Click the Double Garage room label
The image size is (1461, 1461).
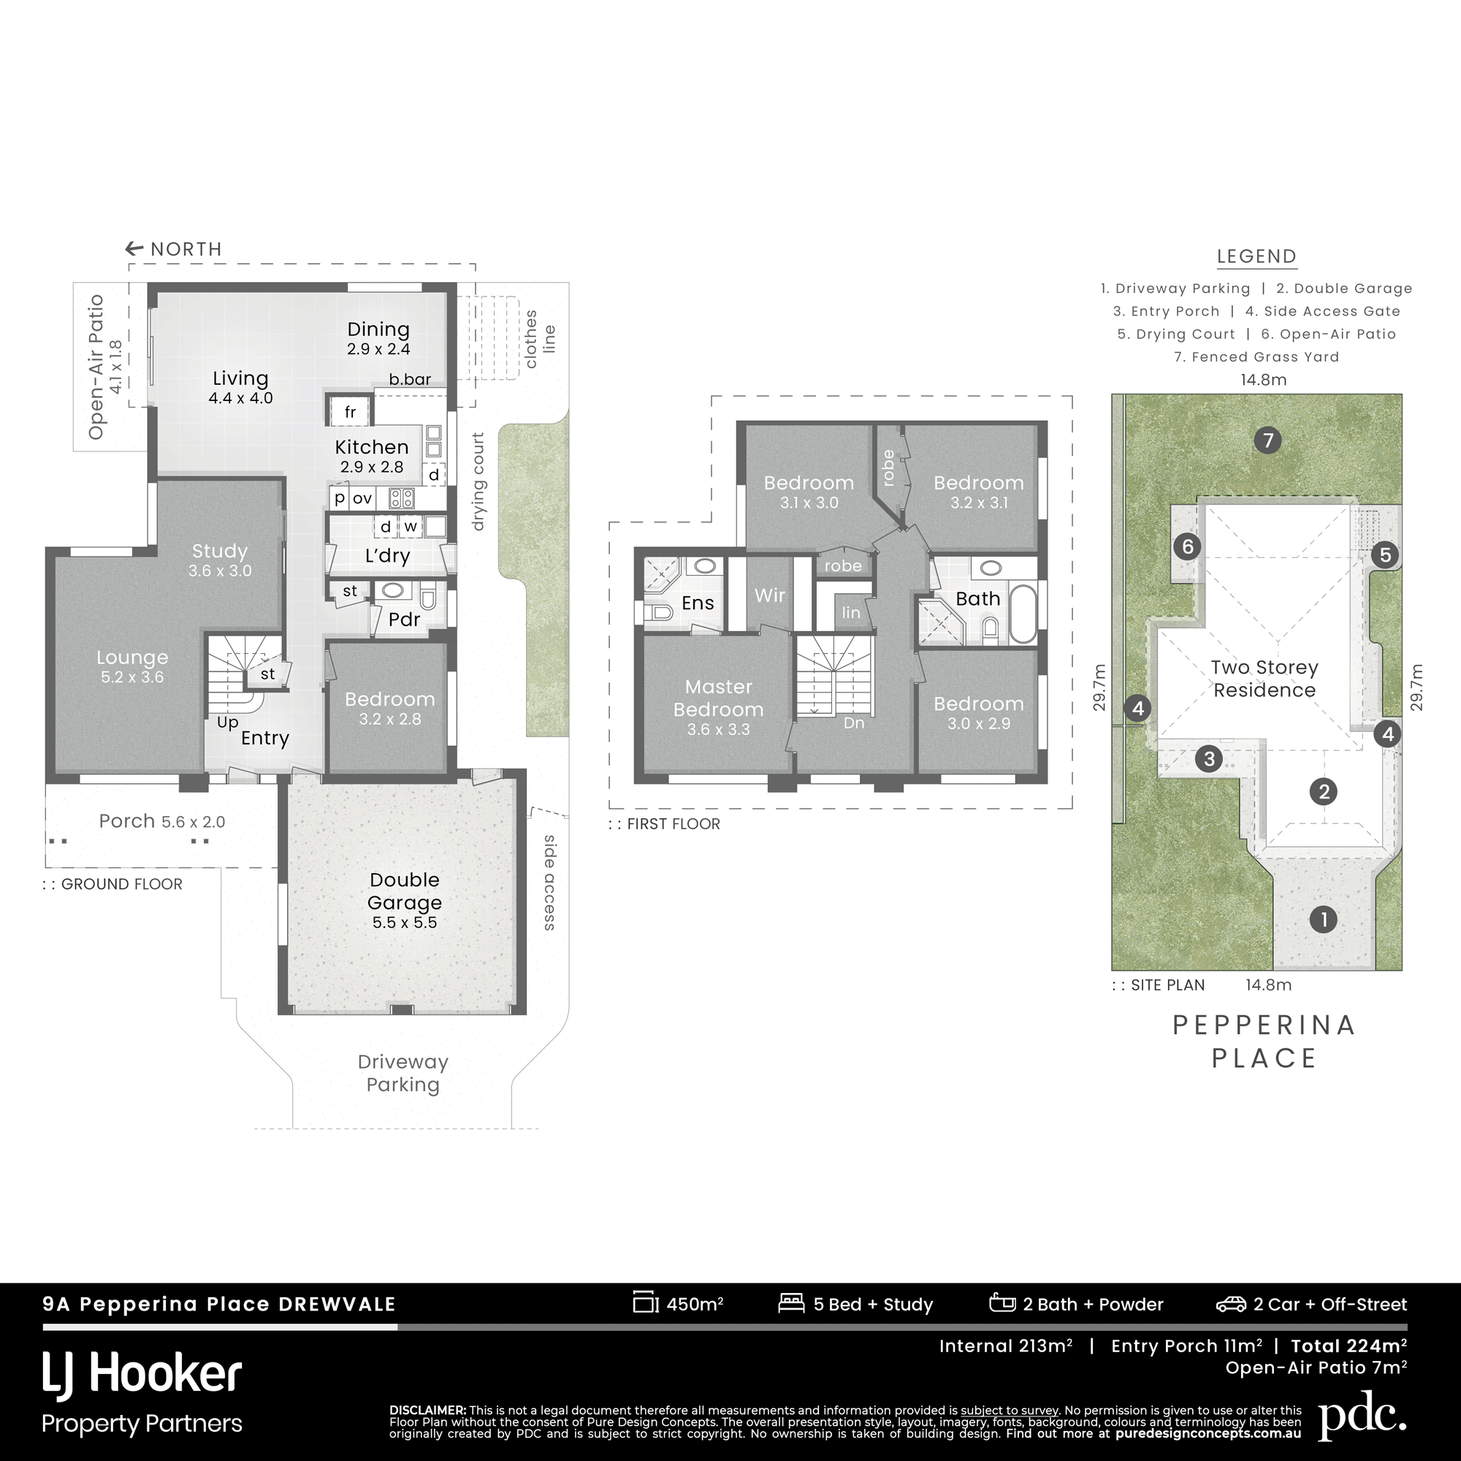(405, 890)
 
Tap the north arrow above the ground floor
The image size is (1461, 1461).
(134, 248)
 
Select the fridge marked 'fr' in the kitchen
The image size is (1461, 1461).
(349, 412)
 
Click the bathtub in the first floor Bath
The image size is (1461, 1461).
(1023, 614)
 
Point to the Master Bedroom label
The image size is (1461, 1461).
(718, 698)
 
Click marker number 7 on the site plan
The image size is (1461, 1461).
(1268, 440)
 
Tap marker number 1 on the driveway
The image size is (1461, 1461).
(1324, 920)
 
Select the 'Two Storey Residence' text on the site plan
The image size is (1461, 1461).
(1264, 679)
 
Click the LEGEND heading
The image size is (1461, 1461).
(1256, 256)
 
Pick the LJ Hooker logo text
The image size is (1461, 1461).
(142, 1374)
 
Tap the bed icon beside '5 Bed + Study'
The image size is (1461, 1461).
(791, 1303)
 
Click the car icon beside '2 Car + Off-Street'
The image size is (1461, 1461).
(1231, 1304)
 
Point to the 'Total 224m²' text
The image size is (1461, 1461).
(1349, 1346)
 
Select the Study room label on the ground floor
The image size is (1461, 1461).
(220, 551)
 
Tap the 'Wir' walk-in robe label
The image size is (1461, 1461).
(770, 595)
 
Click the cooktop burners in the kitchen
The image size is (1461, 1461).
(401, 497)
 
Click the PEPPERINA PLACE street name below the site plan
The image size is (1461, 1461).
(1264, 1041)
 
